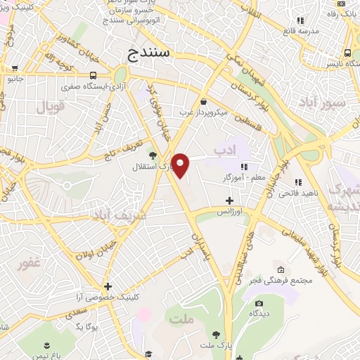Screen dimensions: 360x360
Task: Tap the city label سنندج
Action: (147, 53)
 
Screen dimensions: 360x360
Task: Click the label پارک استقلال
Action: (152, 167)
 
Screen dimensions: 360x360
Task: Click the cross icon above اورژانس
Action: (229, 200)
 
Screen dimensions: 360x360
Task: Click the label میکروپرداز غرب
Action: (204, 112)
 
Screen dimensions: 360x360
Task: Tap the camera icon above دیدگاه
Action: (259, 304)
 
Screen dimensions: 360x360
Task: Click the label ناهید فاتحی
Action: (303, 192)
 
